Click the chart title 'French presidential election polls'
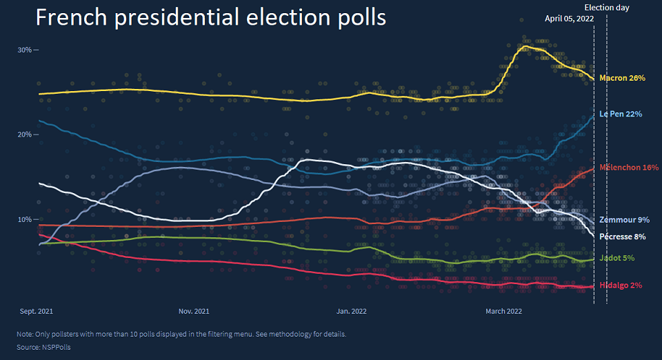pyautogui.click(x=210, y=18)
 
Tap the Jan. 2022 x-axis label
pyautogui.click(x=352, y=312)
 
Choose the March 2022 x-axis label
pyautogui.click(x=504, y=312)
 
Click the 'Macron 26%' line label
pyautogui.click(x=622, y=79)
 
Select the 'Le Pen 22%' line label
pyautogui.click(x=621, y=113)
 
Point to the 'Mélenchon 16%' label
pyautogui.click(x=629, y=168)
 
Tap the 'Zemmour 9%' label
pyautogui.click(x=624, y=220)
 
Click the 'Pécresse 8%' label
pyautogui.click(x=622, y=237)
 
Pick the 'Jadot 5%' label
pyautogui.click(x=616, y=259)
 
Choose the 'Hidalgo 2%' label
pyautogui.click(x=621, y=286)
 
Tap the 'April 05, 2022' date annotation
pyautogui.click(x=569, y=19)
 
